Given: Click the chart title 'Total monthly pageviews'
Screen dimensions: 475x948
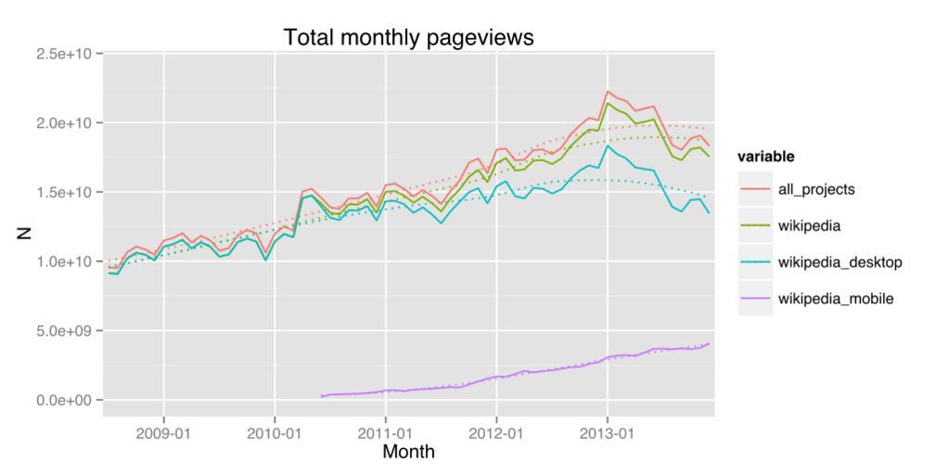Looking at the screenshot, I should click(x=408, y=37).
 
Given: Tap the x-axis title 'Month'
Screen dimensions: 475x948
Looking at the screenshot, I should click(x=408, y=452).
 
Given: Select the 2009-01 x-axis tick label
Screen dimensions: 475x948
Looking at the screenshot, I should click(x=164, y=432).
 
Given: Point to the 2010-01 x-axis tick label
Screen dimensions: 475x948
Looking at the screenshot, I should click(x=274, y=432).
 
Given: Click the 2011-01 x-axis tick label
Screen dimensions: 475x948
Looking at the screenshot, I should click(x=385, y=432).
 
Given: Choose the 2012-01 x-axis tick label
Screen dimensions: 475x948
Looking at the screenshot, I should click(x=496, y=432).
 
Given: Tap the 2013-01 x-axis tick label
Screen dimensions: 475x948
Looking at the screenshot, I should click(x=608, y=432).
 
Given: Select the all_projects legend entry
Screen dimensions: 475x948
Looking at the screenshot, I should click(x=816, y=189).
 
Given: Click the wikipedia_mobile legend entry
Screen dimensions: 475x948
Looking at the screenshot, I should click(x=835, y=299).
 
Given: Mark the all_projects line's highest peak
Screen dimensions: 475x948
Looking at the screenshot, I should click(x=608, y=91).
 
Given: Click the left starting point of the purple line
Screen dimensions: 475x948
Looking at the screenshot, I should click(x=322, y=396).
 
